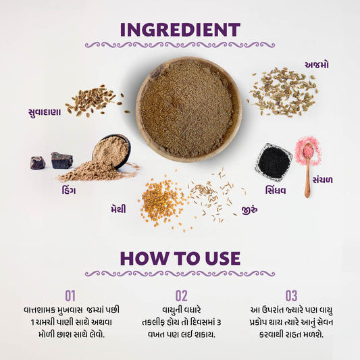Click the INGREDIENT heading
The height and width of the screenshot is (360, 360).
pyautogui.click(x=180, y=30)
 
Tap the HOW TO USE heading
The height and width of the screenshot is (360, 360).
pyautogui.click(x=180, y=258)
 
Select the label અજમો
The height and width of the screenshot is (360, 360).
pyautogui.click(x=316, y=65)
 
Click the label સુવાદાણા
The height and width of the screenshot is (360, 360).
pyautogui.click(x=45, y=112)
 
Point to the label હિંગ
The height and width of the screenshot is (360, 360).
pyautogui.click(x=69, y=190)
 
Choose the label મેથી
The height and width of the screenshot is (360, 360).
pyautogui.click(x=118, y=209)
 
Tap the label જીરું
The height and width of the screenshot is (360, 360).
pyautogui.click(x=249, y=209)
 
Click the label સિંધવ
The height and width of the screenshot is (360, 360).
pyautogui.click(x=276, y=190)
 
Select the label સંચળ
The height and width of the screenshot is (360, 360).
pyautogui.click(x=322, y=180)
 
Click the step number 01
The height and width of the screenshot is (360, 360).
pyautogui.click(x=70, y=296)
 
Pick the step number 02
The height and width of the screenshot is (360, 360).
pyautogui.click(x=182, y=296)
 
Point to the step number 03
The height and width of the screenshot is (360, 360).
pyautogui.click(x=291, y=296)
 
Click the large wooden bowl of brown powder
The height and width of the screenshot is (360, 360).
pyautogui.click(x=188, y=109)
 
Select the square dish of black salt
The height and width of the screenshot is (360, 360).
pyautogui.click(x=274, y=161)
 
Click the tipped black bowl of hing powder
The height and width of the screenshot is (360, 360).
pyautogui.click(x=111, y=151)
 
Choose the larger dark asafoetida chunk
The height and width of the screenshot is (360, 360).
pyautogui.click(x=61, y=160)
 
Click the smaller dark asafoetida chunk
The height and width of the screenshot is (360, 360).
pyautogui.click(x=38, y=163)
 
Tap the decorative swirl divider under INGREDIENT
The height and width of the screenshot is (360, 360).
pyautogui.click(x=180, y=45)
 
